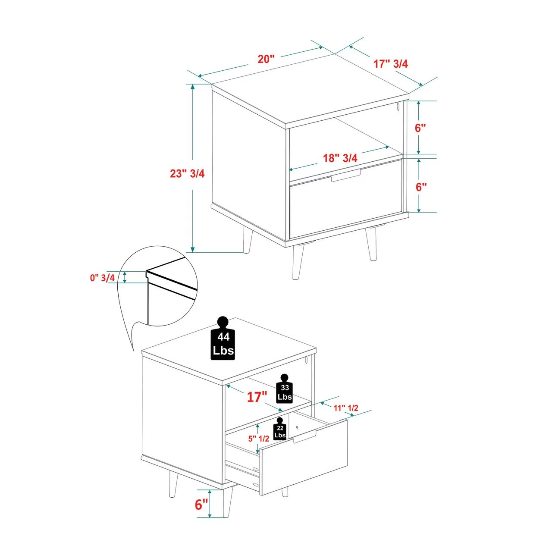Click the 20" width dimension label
pos(267,59)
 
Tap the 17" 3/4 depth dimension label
pos(391,63)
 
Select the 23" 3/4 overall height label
pos(187,173)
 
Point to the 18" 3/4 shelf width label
pos(340,158)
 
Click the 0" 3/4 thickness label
pos(103,278)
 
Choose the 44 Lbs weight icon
pos(223,338)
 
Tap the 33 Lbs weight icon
pos(285,388)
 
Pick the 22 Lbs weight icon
pos(280,429)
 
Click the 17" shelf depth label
pos(257,397)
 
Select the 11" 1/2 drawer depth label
pos(346,408)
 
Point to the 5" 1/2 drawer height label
pos(259,439)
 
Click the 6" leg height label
pos(201,512)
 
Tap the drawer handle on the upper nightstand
pos(346,176)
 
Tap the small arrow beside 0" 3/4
pos(125,277)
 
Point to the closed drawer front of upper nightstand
pos(346,199)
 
